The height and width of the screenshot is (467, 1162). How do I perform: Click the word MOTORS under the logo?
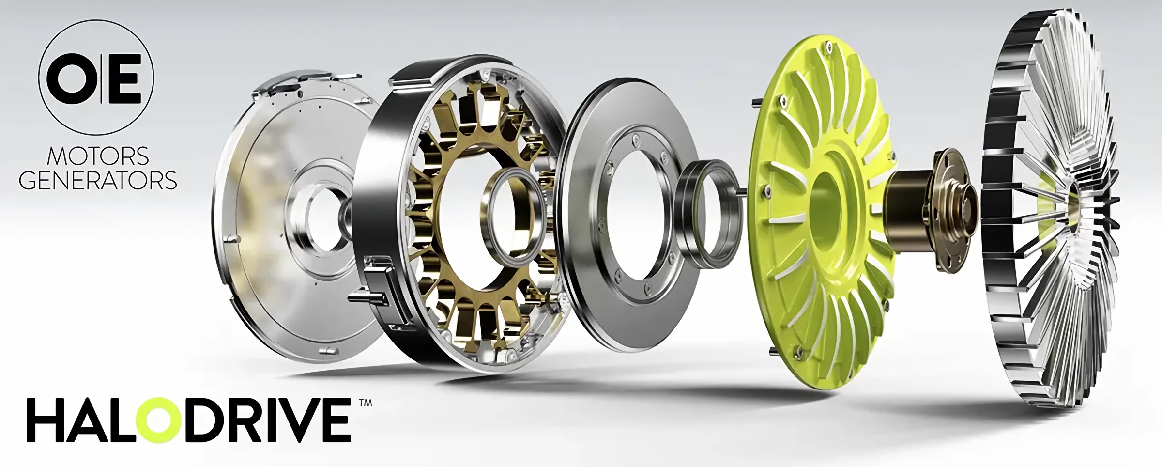click(97, 156)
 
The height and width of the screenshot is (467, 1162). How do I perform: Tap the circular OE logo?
click(96, 77)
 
